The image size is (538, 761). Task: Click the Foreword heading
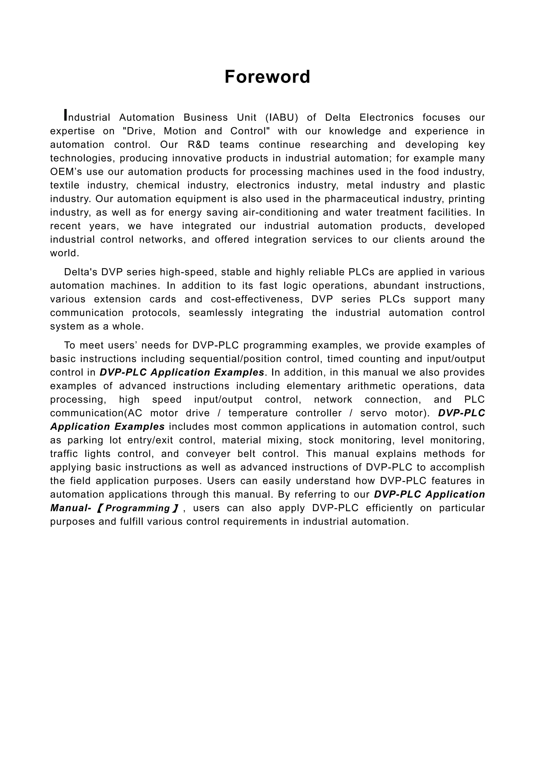pyautogui.click(x=267, y=77)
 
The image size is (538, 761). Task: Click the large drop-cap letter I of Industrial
pyautogui.click(x=66, y=115)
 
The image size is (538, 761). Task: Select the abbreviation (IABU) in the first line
pyautogui.click(x=282, y=118)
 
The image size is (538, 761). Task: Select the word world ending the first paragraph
pyautogui.click(x=64, y=253)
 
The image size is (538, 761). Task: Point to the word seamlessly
pyautogui.click(x=215, y=313)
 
